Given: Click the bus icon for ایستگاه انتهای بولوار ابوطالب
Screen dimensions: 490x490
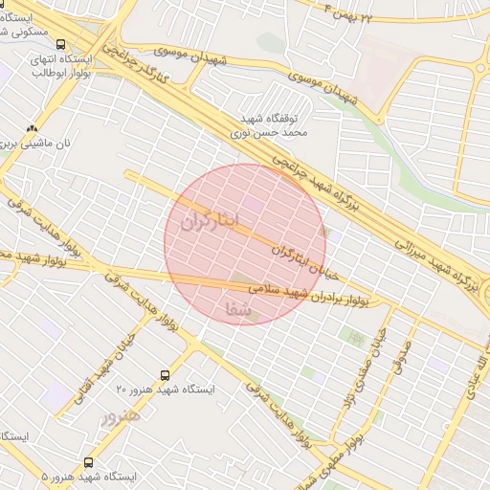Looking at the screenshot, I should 62,44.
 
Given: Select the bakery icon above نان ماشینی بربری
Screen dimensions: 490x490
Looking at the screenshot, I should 33,128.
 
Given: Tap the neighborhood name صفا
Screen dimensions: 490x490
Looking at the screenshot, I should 239,310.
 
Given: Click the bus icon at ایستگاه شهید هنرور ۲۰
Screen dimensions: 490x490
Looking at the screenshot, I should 165,375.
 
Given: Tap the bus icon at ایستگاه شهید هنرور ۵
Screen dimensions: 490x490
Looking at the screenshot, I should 89,462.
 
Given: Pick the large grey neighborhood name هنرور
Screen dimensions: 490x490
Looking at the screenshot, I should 121,417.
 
